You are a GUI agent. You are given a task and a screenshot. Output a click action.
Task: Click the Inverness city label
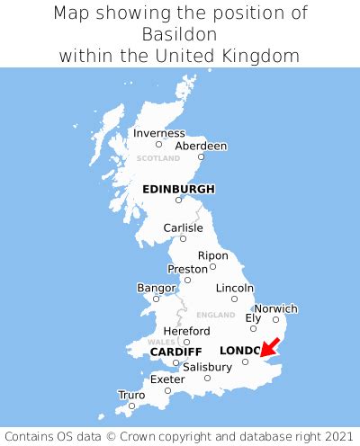(x=158, y=133)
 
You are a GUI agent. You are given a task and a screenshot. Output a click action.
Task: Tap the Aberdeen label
(x=201, y=146)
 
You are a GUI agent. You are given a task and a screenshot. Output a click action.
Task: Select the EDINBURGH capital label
(x=178, y=189)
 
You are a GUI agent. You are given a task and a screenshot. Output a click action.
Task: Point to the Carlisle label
(x=183, y=227)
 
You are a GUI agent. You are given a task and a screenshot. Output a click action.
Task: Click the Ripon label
(x=213, y=255)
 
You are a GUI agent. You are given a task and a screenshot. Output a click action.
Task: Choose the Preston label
(x=187, y=269)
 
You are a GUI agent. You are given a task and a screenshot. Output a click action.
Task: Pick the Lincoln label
(x=235, y=288)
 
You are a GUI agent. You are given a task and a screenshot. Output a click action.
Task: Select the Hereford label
(x=186, y=331)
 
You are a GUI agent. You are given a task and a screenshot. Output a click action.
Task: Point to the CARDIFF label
(x=175, y=352)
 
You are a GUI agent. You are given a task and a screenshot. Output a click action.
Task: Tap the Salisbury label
(x=207, y=367)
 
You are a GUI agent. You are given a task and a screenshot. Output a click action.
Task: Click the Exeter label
(x=167, y=379)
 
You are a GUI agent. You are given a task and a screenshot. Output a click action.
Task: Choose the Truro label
(x=131, y=394)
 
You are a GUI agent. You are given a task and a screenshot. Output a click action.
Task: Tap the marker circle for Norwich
(x=276, y=319)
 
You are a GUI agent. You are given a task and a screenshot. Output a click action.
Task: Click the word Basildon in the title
(x=180, y=34)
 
